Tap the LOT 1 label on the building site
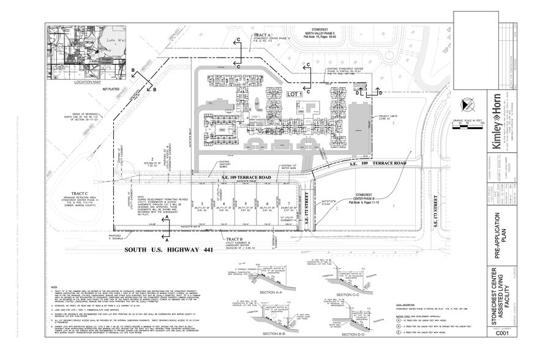point(296,95)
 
